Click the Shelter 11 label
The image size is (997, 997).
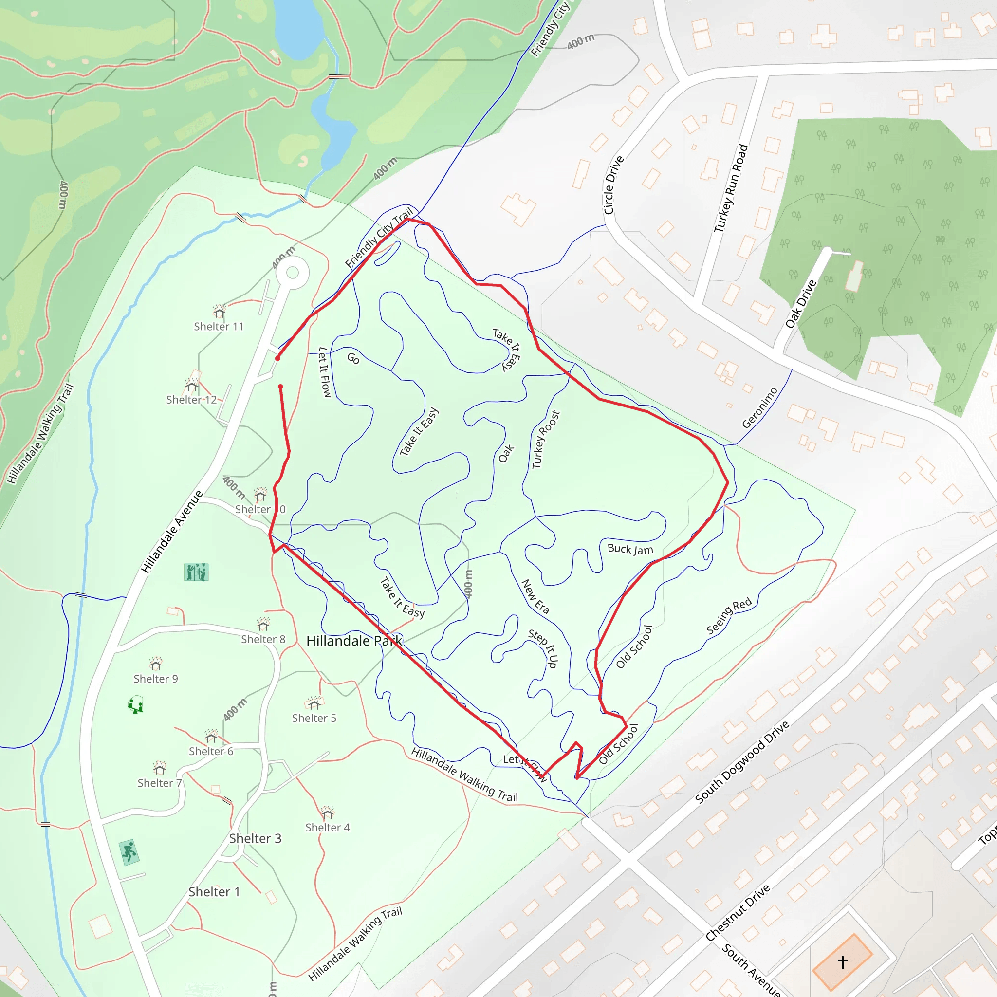(x=218, y=326)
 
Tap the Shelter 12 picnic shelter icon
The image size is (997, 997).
(x=192, y=385)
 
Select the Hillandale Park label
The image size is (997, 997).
(x=354, y=641)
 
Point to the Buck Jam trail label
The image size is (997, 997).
(x=630, y=549)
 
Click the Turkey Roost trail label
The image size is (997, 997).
(x=546, y=439)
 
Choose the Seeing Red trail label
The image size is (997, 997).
(x=729, y=617)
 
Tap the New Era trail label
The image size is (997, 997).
(x=535, y=596)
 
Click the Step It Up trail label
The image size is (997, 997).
(x=543, y=648)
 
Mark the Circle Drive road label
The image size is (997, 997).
(x=613, y=185)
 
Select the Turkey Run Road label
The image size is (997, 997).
(x=731, y=188)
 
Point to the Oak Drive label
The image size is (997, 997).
(x=801, y=304)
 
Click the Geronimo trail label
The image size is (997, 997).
(x=759, y=407)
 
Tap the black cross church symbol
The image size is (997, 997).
(x=842, y=962)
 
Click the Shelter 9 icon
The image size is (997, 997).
(x=156, y=663)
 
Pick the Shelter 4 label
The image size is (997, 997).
(x=327, y=827)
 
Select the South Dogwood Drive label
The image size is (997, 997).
(x=742, y=762)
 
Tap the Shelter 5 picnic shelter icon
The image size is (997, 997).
(x=314, y=703)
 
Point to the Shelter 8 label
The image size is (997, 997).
(x=263, y=639)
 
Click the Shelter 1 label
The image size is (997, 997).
(x=214, y=892)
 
